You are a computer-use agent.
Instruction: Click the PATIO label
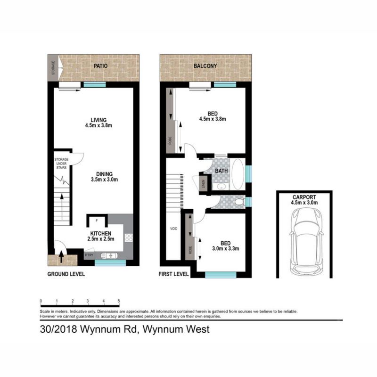(98, 66)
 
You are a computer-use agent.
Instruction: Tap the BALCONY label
(205, 66)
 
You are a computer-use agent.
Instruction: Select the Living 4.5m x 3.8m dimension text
(98, 126)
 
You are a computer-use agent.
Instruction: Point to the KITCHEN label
(101, 233)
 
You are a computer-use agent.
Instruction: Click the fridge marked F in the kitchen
(97, 220)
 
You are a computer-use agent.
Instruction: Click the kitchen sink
(110, 255)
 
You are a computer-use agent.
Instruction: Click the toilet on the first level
(239, 202)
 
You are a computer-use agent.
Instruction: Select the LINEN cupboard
(204, 184)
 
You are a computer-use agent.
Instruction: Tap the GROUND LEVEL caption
(66, 274)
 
